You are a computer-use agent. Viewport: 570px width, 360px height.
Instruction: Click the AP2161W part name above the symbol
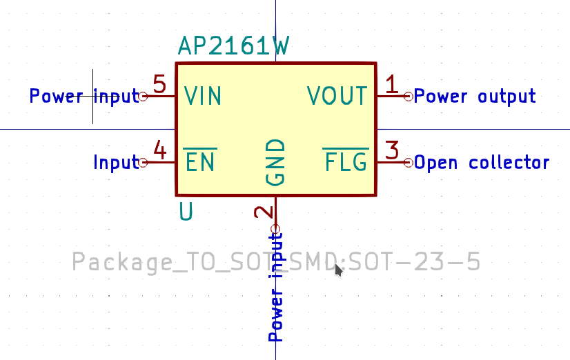[x=233, y=46]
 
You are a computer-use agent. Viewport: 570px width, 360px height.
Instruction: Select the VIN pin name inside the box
[x=203, y=96]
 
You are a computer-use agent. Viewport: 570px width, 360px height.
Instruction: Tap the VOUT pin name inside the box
[x=337, y=96]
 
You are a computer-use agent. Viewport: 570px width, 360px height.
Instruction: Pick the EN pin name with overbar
[x=200, y=162]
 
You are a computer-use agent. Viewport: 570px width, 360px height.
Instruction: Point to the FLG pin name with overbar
[x=346, y=162]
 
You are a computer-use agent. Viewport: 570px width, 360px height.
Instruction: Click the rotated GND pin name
[x=275, y=162]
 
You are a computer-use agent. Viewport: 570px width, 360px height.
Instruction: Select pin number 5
[x=159, y=85]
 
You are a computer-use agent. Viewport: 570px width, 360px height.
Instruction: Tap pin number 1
[x=392, y=85]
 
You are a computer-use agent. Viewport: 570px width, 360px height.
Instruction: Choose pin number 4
[x=159, y=150]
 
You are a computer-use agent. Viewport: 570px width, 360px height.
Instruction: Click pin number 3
[x=392, y=150]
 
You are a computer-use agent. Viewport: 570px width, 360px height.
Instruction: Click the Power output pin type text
[x=474, y=97]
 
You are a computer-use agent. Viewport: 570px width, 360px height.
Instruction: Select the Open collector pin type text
[x=481, y=163]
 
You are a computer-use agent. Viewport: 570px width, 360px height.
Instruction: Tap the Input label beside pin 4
[x=116, y=163]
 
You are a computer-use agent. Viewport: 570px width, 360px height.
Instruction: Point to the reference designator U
[x=186, y=211]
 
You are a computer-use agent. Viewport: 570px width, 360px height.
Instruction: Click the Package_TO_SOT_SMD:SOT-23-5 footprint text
[x=276, y=262]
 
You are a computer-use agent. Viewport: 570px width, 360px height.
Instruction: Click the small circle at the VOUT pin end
[x=409, y=97]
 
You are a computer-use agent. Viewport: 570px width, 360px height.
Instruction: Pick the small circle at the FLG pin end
[x=409, y=163]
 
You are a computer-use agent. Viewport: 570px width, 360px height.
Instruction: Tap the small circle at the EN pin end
[x=144, y=163]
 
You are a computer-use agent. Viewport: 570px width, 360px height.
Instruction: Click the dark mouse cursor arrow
[x=338, y=270]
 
